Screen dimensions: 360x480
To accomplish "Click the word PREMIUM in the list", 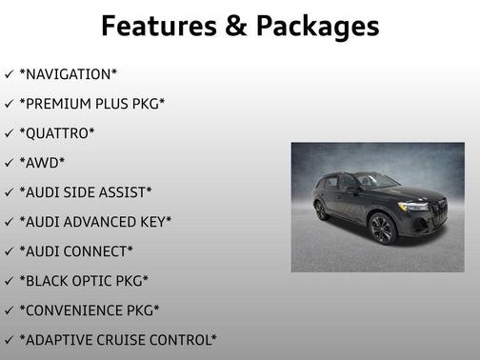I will (x=63, y=103).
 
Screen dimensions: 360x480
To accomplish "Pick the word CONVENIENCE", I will (x=76, y=310).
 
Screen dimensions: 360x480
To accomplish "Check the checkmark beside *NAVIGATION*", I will (x=9, y=73).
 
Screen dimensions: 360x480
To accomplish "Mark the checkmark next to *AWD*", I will (x=9, y=162).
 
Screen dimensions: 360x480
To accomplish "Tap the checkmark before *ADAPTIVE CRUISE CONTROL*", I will (x=9, y=339).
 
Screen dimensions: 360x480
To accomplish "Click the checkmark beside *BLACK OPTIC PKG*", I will (x=9, y=280).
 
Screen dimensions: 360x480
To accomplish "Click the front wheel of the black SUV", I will (x=381, y=230).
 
